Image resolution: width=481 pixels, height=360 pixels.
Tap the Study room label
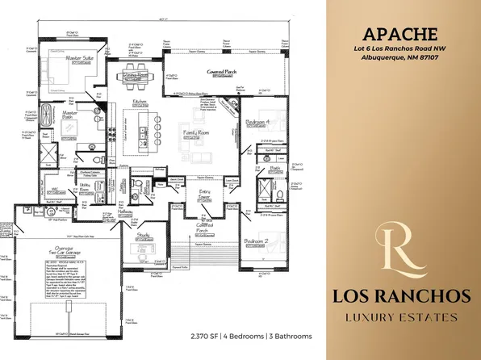pyautogui.click(x=144, y=236)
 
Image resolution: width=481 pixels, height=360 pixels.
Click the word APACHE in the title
pyautogui.click(x=400, y=35)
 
